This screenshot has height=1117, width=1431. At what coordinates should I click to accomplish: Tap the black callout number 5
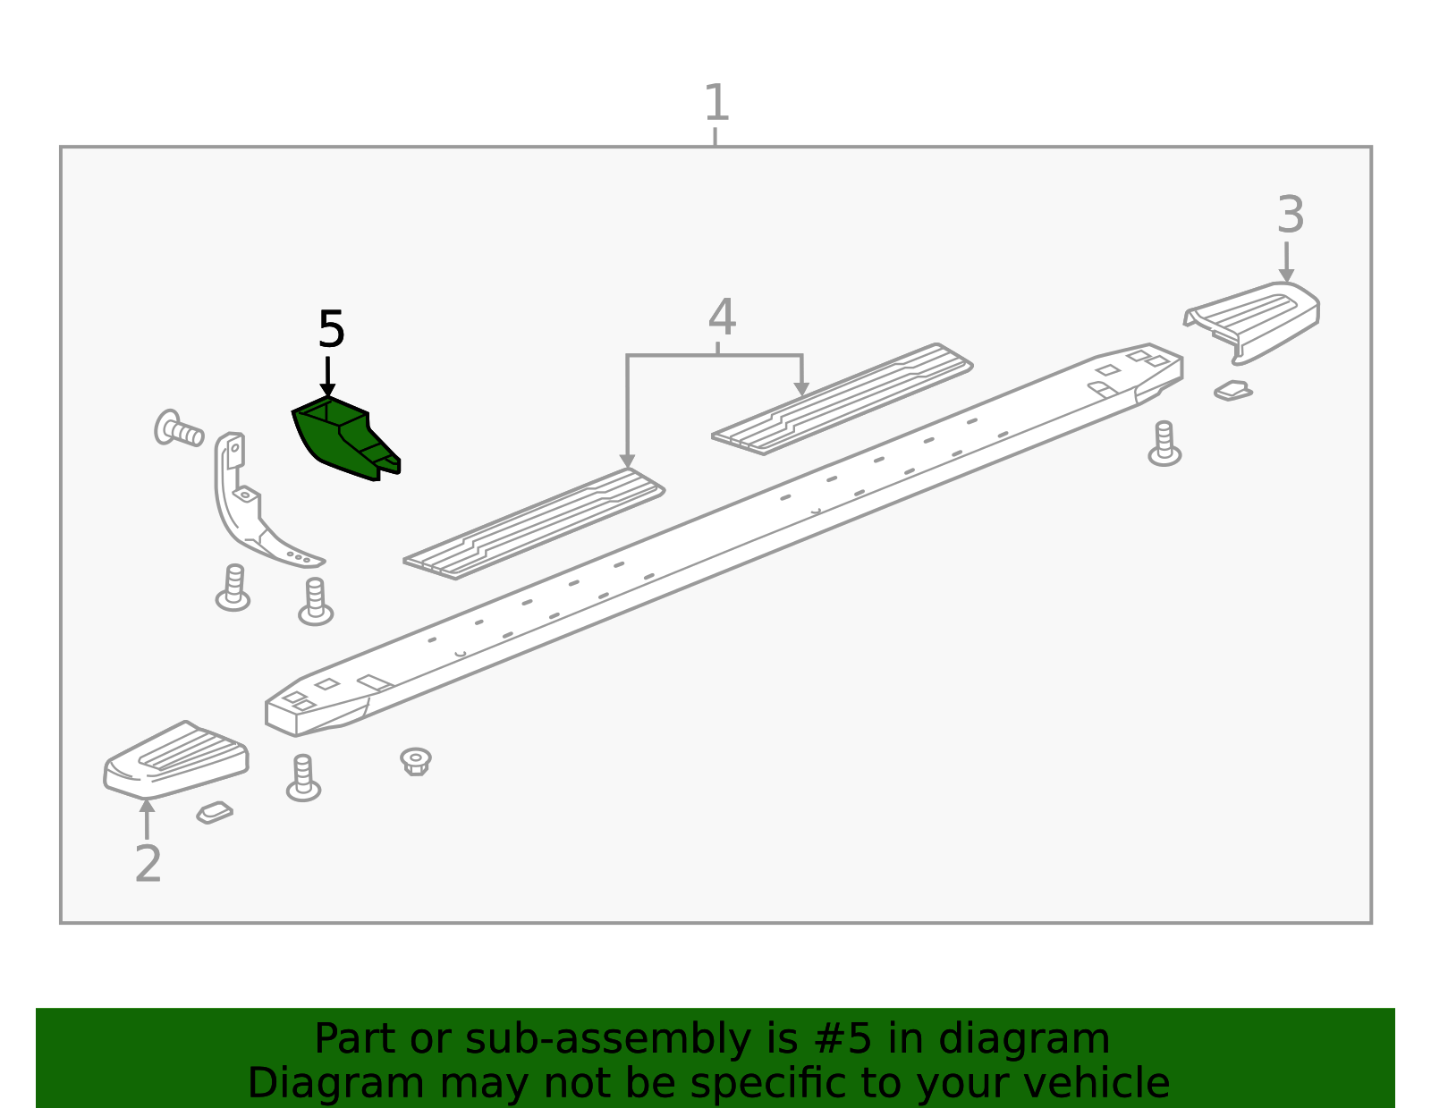click(x=331, y=330)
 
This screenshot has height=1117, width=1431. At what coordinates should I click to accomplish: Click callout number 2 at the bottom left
click(x=148, y=863)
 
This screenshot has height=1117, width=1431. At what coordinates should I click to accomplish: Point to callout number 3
click(x=1290, y=216)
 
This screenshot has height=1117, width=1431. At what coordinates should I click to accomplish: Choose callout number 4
click(x=722, y=317)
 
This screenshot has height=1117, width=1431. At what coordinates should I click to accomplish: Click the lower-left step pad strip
click(x=534, y=523)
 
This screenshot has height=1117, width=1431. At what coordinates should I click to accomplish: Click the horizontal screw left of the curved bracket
click(x=178, y=429)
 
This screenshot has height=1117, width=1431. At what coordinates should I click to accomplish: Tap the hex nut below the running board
click(x=415, y=761)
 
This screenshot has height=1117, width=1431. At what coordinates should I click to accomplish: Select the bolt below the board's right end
click(x=1164, y=444)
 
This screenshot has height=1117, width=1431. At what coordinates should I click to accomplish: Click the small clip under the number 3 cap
click(x=1233, y=391)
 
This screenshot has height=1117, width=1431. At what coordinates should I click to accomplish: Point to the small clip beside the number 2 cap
click(x=215, y=812)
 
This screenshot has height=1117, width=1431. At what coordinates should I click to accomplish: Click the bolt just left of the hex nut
click(x=303, y=778)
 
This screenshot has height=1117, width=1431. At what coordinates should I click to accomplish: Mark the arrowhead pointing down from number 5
click(x=327, y=389)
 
